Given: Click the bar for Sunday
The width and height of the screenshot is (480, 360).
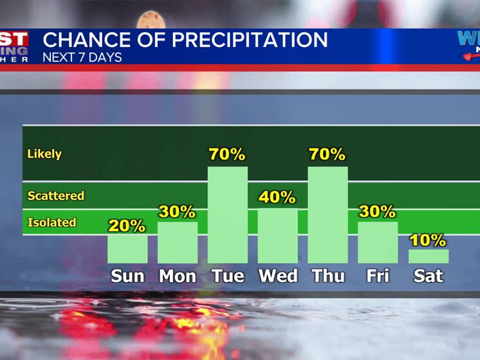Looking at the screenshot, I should click(127, 249).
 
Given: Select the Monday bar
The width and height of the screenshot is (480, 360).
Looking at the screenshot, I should click(178, 242).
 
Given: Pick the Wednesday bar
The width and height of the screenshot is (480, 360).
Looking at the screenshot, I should click(277, 235).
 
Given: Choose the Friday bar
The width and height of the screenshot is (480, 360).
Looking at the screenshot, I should click(378, 242).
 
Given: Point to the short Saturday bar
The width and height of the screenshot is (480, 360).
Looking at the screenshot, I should click(428, 256).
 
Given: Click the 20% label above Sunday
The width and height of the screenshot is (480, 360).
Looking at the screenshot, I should click(127, 226).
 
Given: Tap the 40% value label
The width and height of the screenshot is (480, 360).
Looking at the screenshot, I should click(277, 197).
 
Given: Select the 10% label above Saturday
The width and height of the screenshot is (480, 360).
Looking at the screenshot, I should click(428, 240).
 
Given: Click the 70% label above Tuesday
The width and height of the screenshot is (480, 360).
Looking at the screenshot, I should click(227, 155).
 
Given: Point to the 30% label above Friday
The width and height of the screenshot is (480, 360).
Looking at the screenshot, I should click(378, 212).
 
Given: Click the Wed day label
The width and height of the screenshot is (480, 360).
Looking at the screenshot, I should click(278, 276).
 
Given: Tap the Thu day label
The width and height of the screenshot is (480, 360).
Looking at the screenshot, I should click(328, 276).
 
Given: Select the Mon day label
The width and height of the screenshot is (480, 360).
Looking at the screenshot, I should click(178, 276).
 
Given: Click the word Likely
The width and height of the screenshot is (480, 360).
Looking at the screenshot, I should click(44, 154).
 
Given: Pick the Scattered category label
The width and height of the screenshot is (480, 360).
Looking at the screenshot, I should click(56, 195).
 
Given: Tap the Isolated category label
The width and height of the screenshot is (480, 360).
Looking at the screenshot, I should click(51, 222).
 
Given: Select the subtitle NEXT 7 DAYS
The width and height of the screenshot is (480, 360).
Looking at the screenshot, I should click(82, 57).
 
